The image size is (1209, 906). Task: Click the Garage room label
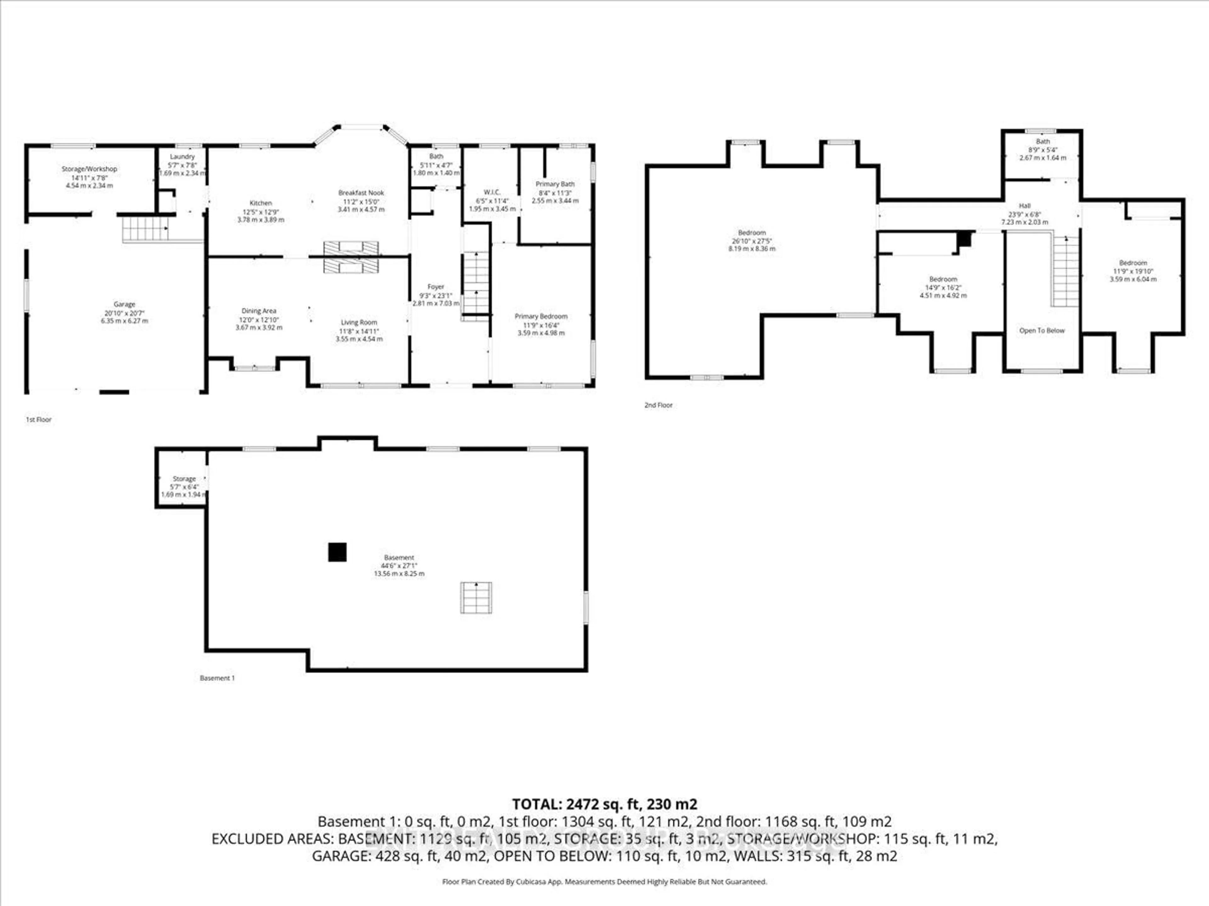[x=125, y=304]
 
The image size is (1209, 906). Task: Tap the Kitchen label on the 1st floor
[x=261, y=203]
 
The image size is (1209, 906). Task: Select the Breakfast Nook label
[x=361, y=193]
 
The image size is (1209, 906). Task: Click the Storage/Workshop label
[x=89, y=169]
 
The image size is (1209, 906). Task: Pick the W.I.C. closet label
[x=492, y=192]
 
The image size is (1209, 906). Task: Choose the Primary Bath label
[x=555, y=184]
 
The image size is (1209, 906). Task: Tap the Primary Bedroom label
[x=541, y=316]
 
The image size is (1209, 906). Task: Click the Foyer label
[x=436, y=287]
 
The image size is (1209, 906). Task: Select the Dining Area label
[x=258, y=311]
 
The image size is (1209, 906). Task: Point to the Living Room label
[x=359, y=322]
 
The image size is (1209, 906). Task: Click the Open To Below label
[x=1042, y=330]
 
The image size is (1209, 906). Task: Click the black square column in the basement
[x=337, y=552]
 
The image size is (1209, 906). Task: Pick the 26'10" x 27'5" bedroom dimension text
[x=752, y=241]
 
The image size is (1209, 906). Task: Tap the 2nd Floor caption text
[x=658, y=405]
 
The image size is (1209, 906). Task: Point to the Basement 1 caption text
[x=217, y=678]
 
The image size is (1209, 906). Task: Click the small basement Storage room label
[x=184, y=478]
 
